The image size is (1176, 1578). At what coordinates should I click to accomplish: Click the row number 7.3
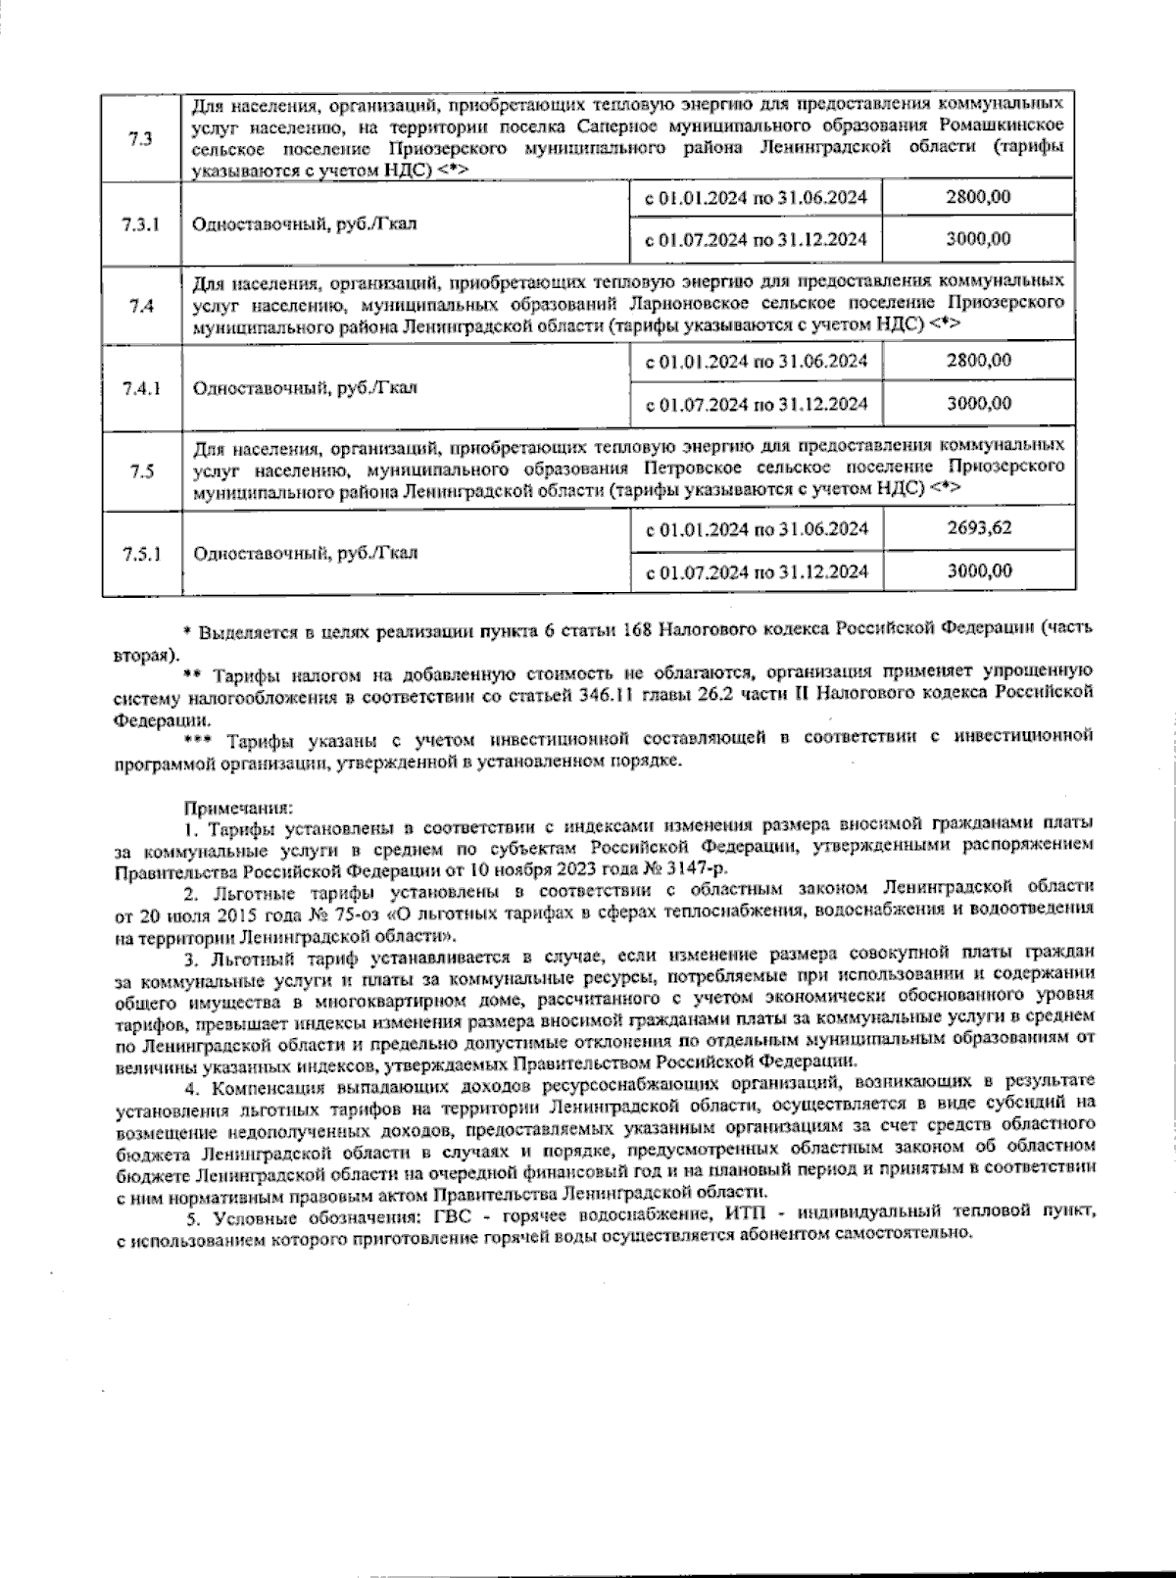click(x=140, y=137)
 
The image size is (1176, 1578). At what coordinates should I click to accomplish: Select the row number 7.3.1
click(x=141, y=223)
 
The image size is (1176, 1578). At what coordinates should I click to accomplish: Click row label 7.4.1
click(x=141, y=387)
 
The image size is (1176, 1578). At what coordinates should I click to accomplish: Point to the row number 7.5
click(x=140, y=471)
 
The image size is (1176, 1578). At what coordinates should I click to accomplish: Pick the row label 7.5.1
click(x=141, y=553)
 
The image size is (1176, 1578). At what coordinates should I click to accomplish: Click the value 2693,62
click(x=979, y=528)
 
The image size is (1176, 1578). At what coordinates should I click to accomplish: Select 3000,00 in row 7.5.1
click(x=979, y=570)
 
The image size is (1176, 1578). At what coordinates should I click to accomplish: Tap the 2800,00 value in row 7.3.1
click(x=979, y=197)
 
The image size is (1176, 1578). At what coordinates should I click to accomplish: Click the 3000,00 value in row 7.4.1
click(x=979, y=403)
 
